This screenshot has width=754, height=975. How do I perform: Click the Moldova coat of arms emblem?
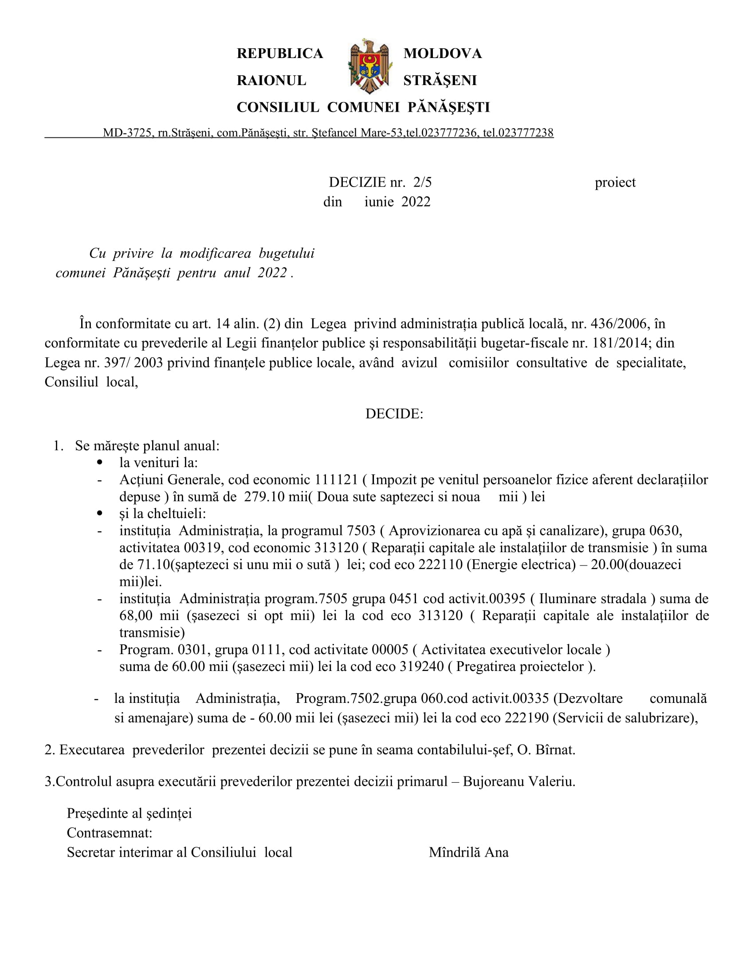tap(369, 66)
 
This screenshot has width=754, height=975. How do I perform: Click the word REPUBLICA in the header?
tap(279, 54)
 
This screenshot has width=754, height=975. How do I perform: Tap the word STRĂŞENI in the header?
tap(440, 80)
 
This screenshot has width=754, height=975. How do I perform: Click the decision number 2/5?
tap(423, 182)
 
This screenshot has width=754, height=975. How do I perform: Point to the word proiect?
tap(615, 182)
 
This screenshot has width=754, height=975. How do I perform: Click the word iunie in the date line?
tap(379, 202)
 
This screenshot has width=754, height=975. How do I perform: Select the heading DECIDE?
tap(394, 414)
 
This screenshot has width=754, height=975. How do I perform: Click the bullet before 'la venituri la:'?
tap(100, 463)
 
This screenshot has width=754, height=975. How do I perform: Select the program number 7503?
tap(361, 531)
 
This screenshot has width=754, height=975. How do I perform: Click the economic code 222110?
tap(440, 565)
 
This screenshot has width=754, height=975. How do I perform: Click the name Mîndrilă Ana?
tap(468, 852)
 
